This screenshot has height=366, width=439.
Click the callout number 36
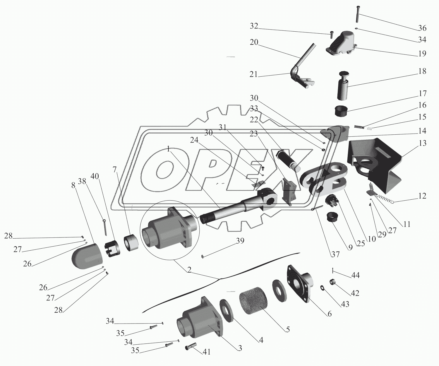(422, 28)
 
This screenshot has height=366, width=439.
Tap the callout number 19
(422, 53)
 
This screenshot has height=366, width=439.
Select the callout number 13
(422, 143)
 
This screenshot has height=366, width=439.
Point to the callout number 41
(207, 352)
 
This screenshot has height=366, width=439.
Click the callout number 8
(73, 185)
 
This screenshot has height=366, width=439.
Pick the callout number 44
(356, 275)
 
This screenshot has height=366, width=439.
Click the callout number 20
(254, 42)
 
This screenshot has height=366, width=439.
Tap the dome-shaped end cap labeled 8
(87, 256)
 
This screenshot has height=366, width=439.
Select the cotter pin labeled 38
(104, 227)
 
